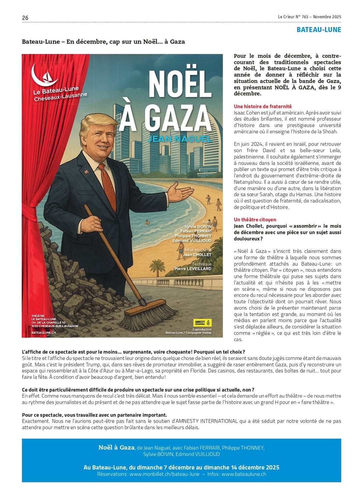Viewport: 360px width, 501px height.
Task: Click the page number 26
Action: pyautogui.click(x=25, y=18)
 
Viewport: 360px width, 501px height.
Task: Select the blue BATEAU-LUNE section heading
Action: pyautogui.click(x=319, y=30)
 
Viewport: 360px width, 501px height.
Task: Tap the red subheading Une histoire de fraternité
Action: pyautogui.click(x=263, y=106)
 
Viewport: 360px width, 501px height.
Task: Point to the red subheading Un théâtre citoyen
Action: pyautogui.click(x=255, y=219)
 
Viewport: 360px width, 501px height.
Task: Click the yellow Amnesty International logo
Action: pyautogui.click(x=202, y=323)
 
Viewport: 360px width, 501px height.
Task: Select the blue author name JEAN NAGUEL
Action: pyautogui.click(x=179, y=139)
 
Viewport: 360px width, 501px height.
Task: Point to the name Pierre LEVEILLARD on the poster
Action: pyautogui.click(x=193, y=269)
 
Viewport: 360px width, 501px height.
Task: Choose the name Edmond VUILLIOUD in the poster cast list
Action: pyautogui.click(x=192, y=240)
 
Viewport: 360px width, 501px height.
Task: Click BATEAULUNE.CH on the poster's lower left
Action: pyautogui.click(x=44, y=333)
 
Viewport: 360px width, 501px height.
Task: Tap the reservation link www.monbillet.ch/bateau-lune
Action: pyautogui.click(x=164, y=474)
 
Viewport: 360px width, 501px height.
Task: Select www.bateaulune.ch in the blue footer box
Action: pyautogui.click(x=244, y=474)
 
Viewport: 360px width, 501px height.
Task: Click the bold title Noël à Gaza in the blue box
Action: pyautogui.click(x=116, y=448)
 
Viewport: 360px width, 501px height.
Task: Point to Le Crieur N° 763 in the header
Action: pyautogui.click(x=293, y=17)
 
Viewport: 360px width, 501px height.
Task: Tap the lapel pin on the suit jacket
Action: pyautogui.click(x=86, y=172)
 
